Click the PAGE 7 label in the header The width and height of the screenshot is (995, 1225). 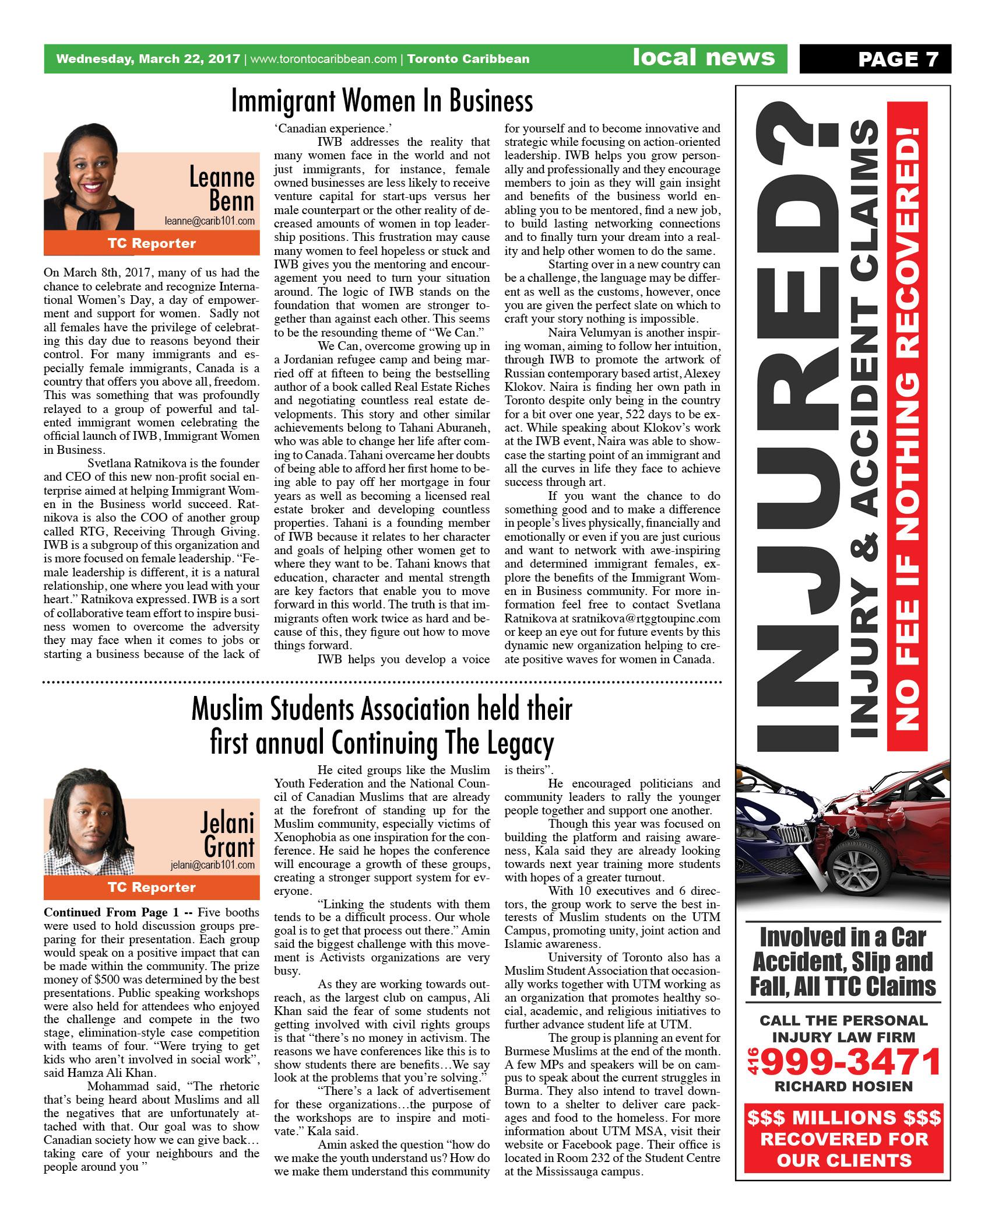tap(898, 59)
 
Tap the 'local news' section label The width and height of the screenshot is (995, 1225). tap(704, 58)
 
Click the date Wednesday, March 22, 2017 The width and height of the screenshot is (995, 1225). tap(148, 59)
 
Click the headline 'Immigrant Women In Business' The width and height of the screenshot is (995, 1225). tap(382, 101)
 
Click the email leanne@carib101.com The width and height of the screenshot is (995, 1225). tap(209, 221)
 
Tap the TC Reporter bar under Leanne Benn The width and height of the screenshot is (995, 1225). tap(152, 243)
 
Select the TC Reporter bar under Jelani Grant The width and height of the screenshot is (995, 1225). tap(152, 887)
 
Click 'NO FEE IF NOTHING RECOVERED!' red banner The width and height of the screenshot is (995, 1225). tap(906, 426)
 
